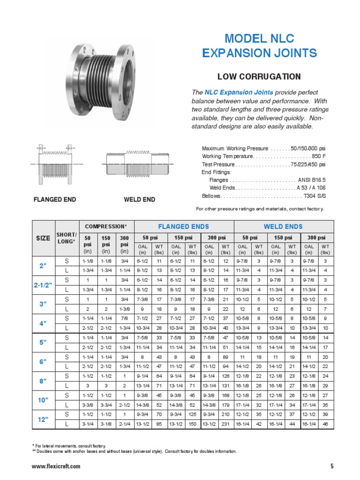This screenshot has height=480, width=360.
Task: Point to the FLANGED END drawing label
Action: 54,200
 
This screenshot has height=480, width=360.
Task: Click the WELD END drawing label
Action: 139,200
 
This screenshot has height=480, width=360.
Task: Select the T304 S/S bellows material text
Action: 315,195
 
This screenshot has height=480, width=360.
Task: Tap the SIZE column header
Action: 43,238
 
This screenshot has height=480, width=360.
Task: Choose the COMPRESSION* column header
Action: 106,226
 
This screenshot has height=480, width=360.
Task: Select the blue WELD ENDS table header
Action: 283,226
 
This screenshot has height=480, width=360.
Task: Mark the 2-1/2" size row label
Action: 43,285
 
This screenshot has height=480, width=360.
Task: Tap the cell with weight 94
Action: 225,366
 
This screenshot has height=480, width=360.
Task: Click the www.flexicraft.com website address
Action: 56,466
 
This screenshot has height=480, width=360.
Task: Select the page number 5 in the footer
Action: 332,466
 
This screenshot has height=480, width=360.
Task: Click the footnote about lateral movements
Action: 69,446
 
